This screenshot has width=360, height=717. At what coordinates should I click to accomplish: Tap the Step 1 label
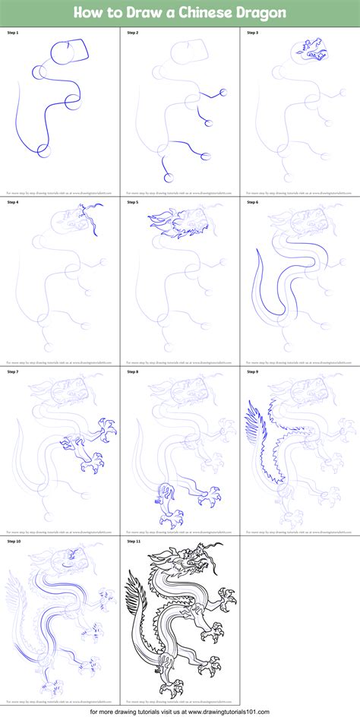click(x=13, y=33)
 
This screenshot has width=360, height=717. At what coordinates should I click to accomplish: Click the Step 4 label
click(x=13, y=203)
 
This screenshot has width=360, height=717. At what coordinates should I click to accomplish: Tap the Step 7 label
click(x=13, y=371)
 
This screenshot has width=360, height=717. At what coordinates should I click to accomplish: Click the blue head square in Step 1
click(x=73, y=55)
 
